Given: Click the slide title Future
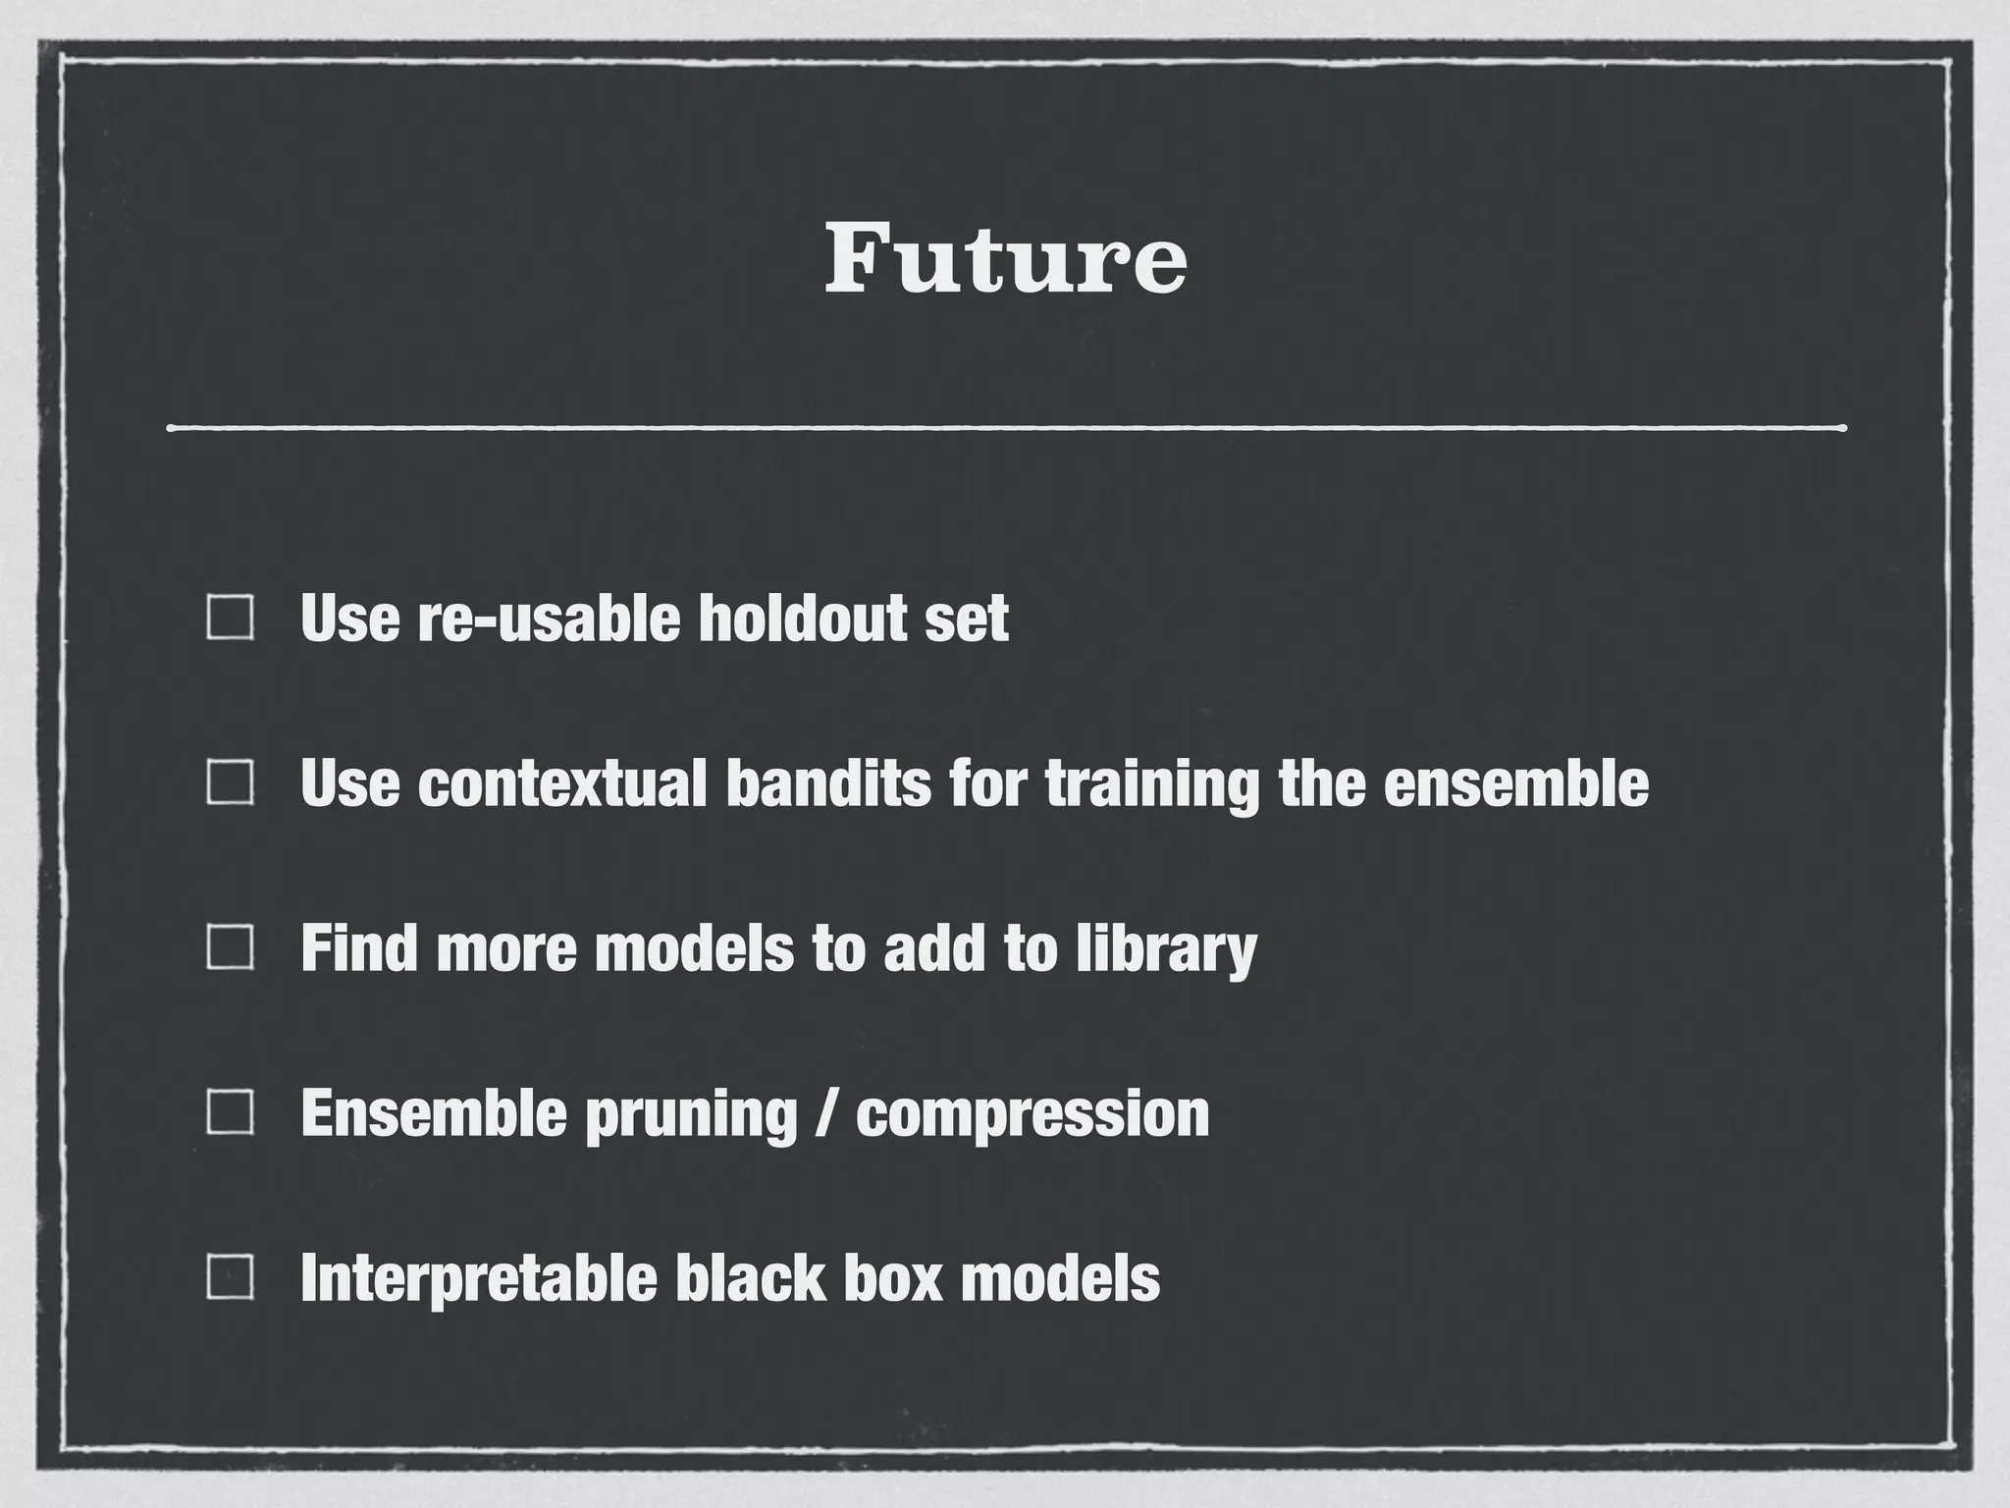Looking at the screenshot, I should coord(1005,259).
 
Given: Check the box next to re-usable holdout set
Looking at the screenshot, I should coord(231,619).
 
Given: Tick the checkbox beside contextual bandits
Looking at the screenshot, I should coord(231,783).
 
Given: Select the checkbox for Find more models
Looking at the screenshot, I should coord(231,948).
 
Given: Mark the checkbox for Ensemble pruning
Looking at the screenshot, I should coord(231,1113).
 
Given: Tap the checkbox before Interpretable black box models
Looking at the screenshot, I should coord(231,1278).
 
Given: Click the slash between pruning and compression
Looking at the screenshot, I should coord(826,1113).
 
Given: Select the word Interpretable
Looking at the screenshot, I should coord(478,1278).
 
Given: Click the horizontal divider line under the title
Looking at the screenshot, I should coord(1005,428).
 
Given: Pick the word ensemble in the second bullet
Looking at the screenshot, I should coord(1515,783).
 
